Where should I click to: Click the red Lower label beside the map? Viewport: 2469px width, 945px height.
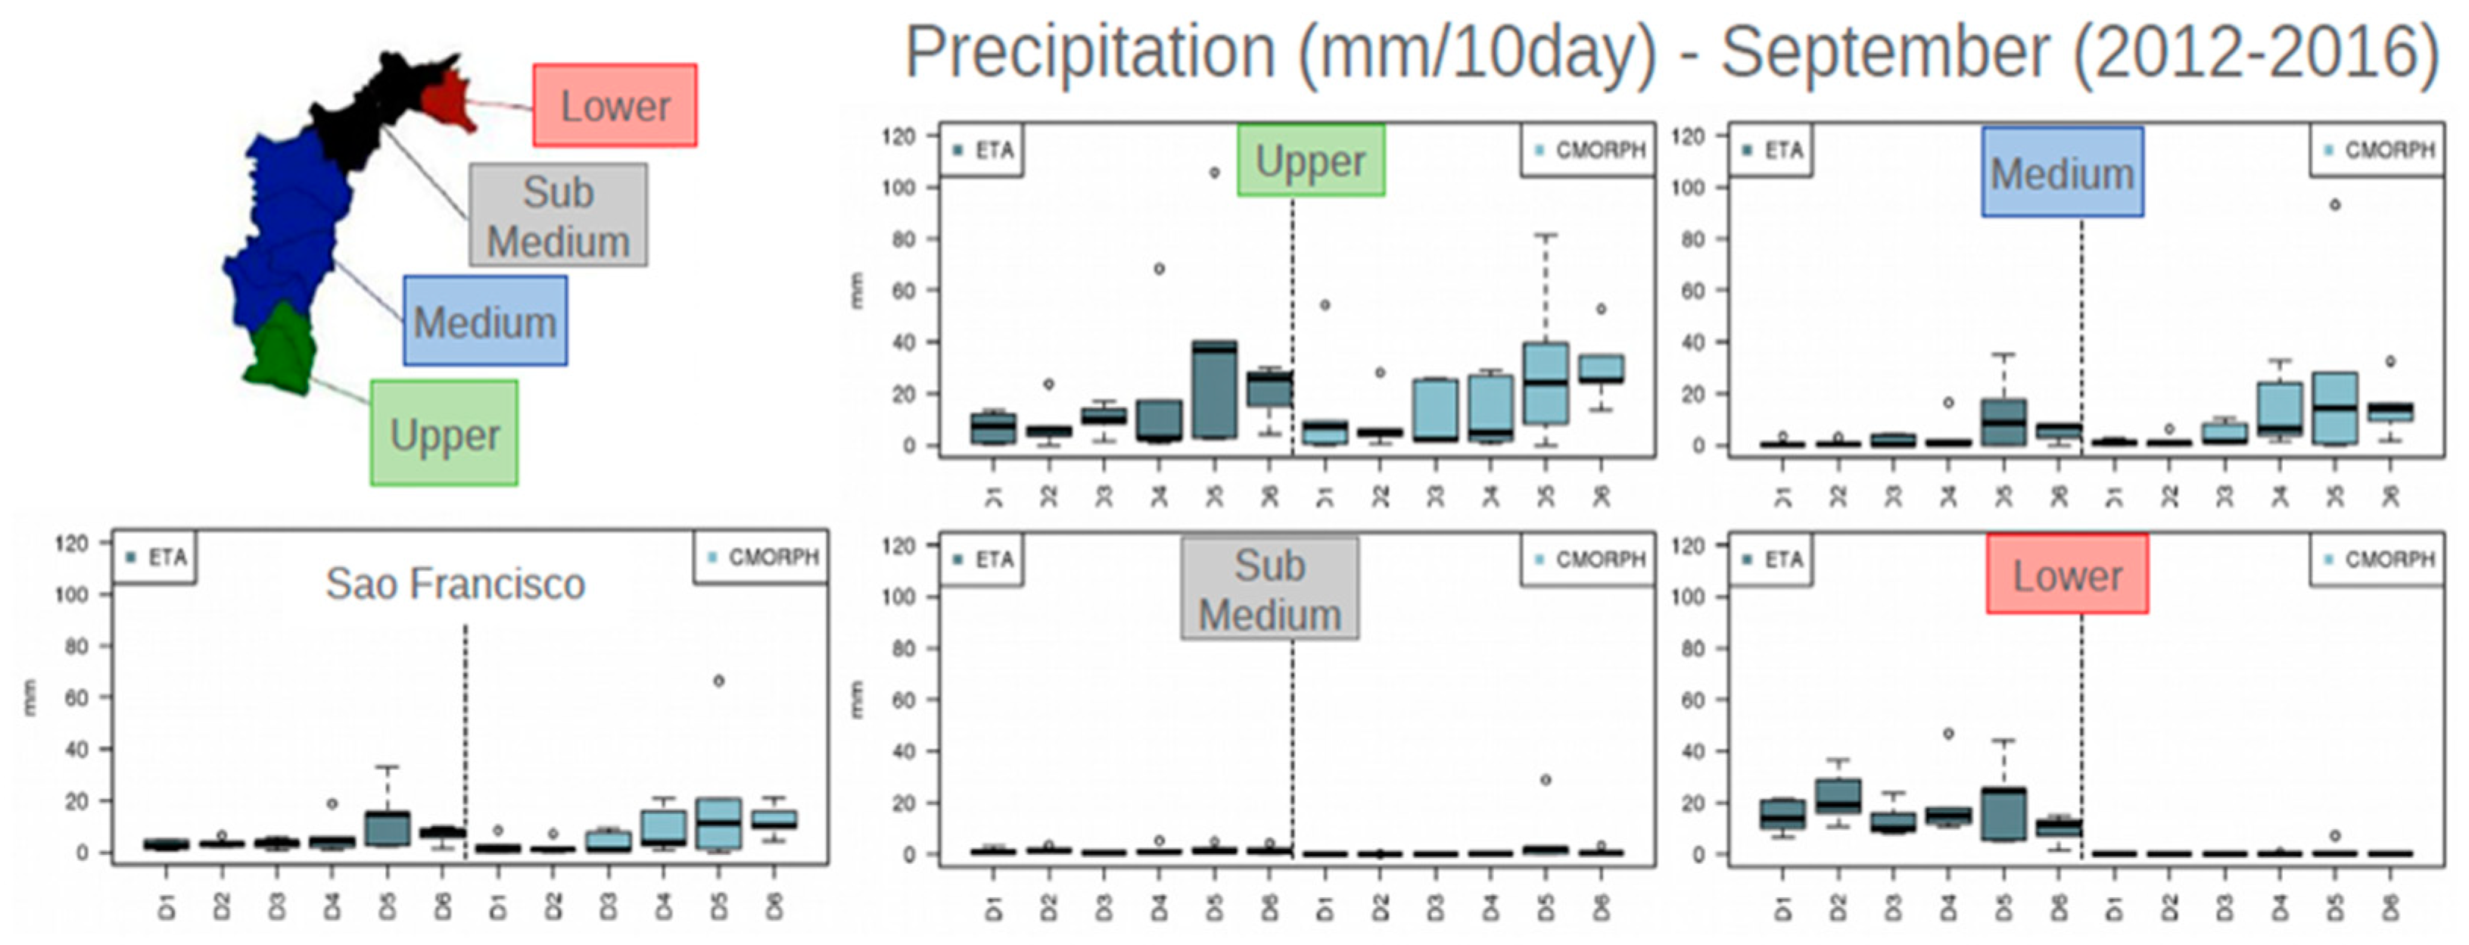615,105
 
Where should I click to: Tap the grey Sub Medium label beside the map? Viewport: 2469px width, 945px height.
558,216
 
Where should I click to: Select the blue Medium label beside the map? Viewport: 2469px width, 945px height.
485,321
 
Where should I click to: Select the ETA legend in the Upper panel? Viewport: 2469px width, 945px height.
982,151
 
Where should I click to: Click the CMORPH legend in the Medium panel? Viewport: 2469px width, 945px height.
2378,151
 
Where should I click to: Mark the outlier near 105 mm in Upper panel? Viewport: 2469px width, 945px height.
1214,173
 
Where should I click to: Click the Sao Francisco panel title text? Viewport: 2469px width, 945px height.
454,584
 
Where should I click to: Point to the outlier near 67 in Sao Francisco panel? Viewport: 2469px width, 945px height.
719,681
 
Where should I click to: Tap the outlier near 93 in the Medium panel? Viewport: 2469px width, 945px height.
2336,205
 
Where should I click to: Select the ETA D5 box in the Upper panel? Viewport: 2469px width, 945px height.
1214,388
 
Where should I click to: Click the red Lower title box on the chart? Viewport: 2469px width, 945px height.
2066,575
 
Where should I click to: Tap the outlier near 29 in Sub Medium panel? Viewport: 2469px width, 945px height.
1545,780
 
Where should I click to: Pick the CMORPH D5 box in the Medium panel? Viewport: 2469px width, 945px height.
2336,408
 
